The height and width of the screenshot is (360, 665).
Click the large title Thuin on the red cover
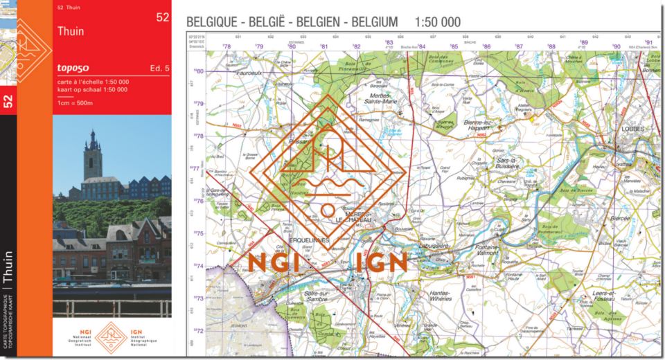click(x=71, y=31)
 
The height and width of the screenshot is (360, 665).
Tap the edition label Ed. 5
click(x=159, y=68)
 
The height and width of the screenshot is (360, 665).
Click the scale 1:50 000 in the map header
click(x=437, y=22)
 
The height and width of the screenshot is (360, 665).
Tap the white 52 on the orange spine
click(x=8, y=101)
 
